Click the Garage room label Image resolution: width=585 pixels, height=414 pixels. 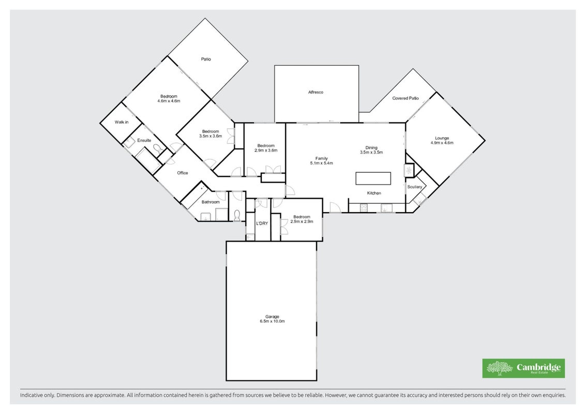click(273, 319)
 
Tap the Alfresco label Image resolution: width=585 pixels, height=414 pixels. click(316, 92)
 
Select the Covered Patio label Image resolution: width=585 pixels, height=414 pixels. click(405, 98)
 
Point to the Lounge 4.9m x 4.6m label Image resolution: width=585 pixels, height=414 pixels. click(442, 140)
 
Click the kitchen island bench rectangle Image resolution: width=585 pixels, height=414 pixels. click(373, 179)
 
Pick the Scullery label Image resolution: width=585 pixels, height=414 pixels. click(414, 187)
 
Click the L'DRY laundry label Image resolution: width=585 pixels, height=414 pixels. click(262, 224)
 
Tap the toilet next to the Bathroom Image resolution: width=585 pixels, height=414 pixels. click(236, 215)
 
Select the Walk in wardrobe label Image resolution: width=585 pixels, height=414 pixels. click(122, 122)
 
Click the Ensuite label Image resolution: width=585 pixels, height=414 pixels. click(144, 140)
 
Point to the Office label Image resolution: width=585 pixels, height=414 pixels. click(183, 173)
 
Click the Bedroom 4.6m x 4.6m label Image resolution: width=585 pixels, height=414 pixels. click(169, 98)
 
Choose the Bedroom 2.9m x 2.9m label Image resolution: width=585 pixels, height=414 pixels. click(302, 219)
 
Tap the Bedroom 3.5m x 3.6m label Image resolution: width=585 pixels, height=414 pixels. click(211, 134)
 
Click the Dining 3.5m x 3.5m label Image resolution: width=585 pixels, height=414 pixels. click(371, 150)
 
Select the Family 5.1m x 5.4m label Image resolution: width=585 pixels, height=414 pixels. click(321, 161)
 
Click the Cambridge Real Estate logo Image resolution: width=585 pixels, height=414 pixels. click(523, 368)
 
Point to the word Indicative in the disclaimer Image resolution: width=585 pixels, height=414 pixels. click(32, 395)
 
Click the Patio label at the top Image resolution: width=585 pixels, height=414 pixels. click(206, 59)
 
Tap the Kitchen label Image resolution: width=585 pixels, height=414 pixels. click(374, 193)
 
